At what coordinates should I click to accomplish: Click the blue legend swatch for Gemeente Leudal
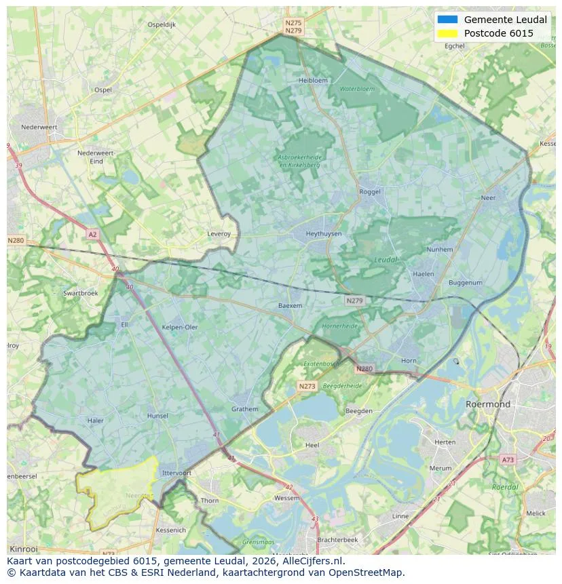448,20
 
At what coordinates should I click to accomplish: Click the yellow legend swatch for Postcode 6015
448,33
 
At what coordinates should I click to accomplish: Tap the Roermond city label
488,404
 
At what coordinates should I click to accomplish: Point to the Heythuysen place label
324,233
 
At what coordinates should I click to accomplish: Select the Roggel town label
370,192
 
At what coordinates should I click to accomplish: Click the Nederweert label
39,127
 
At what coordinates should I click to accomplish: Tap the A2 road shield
92,234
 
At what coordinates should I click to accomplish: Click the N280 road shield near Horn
364,369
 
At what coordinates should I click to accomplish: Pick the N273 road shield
307,386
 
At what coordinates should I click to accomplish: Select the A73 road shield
508,460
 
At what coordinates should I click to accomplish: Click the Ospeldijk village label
162,24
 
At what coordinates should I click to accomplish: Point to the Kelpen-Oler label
180,327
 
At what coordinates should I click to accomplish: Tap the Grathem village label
244,409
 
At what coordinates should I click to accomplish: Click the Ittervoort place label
177,473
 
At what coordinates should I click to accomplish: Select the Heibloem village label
313,80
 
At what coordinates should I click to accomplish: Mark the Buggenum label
466,283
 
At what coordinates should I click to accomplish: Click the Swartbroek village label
80,293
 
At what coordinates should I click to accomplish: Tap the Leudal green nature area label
386,260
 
